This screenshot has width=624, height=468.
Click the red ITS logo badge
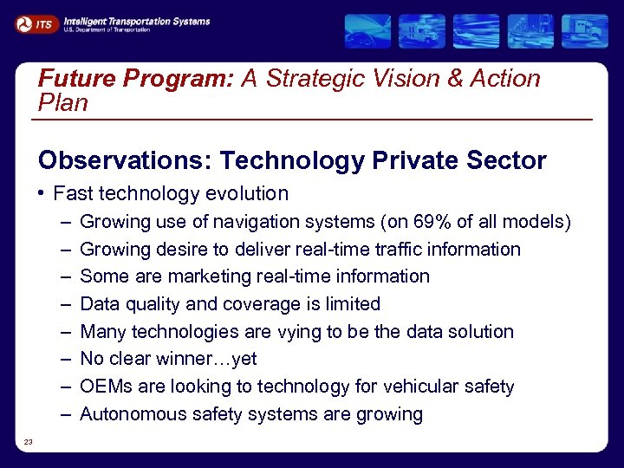(x=36, y=24)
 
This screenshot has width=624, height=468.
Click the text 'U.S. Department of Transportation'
(x=107, y=29)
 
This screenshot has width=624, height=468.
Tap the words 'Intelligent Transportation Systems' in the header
(x=137, y=21)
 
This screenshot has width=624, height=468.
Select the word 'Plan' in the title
(x=63, y=103)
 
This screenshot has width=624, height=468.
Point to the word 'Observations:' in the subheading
(x=125, y=161)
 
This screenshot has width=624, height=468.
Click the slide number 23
(x=29, y=442)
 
